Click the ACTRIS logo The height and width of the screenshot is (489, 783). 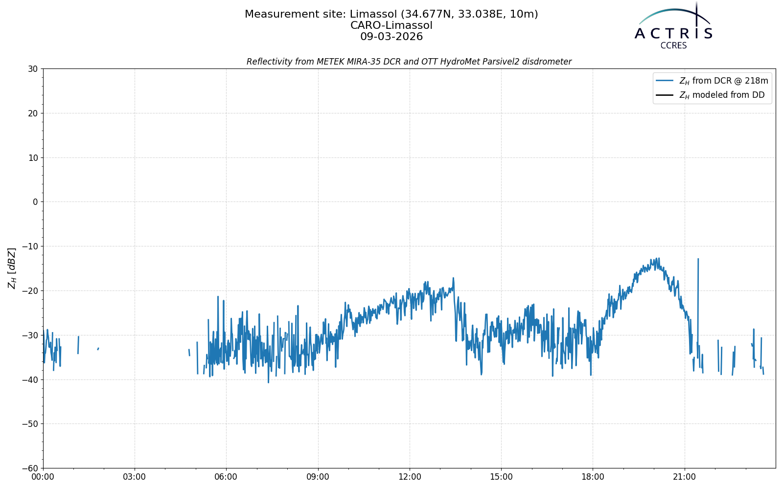click(673, 25)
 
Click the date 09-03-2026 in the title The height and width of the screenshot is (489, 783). click(391, 37)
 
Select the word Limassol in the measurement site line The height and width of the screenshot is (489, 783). click(373, 14)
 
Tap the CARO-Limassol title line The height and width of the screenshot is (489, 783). click(391, 25)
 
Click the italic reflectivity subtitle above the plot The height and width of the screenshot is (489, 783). click(409, 62)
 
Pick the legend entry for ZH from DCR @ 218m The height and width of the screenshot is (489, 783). click(712, 81)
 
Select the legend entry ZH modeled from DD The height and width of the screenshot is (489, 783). click(710, 95)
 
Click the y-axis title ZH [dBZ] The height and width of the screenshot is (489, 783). click(12, 268)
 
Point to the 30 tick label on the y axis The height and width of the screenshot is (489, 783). click(33, 69)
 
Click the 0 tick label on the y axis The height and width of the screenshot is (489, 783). click(35, 202)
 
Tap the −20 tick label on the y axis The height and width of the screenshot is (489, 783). click(30, 290)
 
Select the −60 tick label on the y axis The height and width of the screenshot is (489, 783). click(30, 468)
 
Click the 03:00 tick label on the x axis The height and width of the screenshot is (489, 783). click(135, 477)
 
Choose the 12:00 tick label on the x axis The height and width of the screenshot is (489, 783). click(410, 477)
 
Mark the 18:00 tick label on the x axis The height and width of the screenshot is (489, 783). click(593, 477)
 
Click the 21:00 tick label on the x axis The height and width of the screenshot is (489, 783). click(685, 477)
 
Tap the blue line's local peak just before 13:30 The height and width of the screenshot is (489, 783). click(453, 278)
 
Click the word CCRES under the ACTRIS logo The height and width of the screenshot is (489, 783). click(673, 46)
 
